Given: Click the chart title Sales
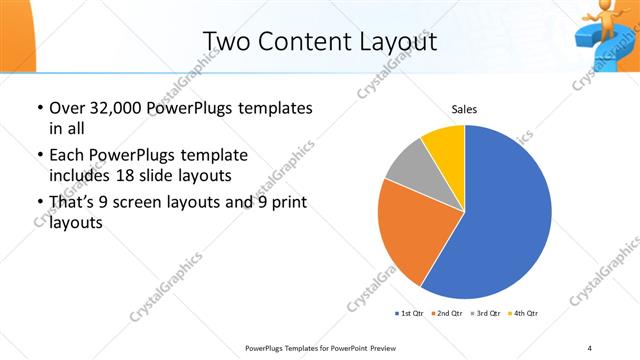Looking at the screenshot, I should (464, 109).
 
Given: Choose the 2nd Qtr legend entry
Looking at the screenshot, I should (446, 313).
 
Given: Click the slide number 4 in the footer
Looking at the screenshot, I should (590, 347).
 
